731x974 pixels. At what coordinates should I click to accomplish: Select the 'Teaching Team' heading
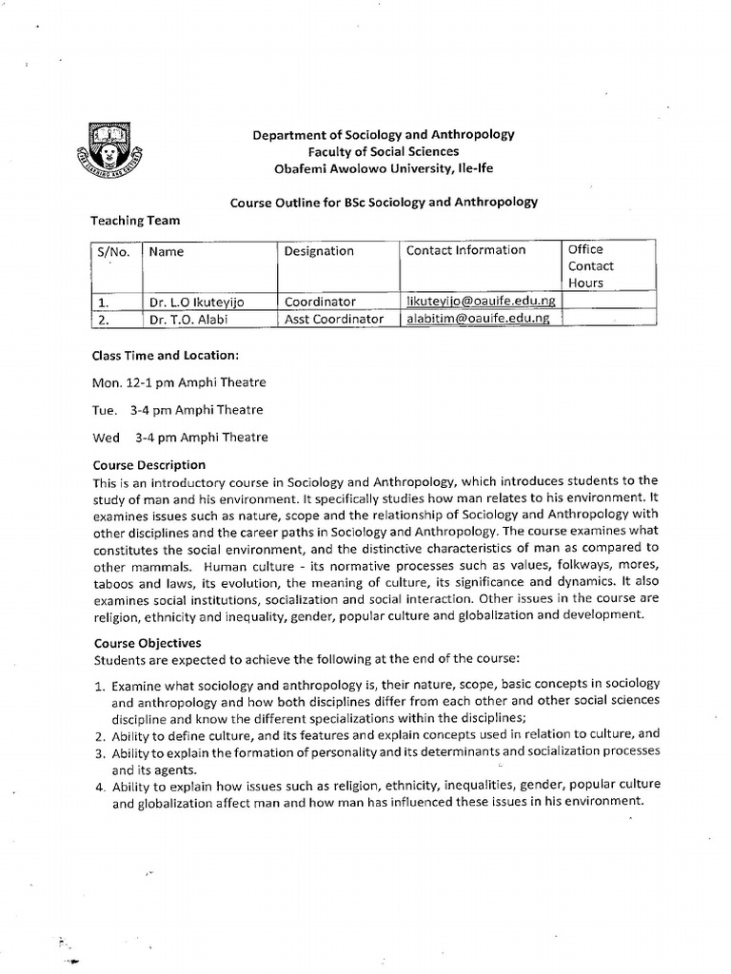(x=135, y=220)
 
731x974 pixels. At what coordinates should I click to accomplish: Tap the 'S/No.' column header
(x=112, y=252)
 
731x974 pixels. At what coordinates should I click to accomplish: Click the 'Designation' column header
(x=319, y=251)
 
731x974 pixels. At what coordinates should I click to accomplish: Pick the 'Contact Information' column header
(x=465, y=250)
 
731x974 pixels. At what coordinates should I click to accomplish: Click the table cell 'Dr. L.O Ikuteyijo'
(x=196, y=302)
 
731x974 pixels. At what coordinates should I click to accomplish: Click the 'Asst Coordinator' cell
(x=334, y=319)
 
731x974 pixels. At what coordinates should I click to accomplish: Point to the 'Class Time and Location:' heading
(x=164, y=356)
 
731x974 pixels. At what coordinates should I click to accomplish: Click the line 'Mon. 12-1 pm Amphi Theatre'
(x=178, y=382)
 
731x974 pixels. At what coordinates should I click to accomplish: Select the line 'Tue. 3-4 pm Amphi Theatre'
(x=177, y=410)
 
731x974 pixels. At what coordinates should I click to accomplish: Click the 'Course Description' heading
(x=148, y=465)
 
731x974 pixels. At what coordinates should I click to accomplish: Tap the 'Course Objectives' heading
(x=147, y=643)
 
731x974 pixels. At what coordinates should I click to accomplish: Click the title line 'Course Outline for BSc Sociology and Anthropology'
(x=385, y=202)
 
